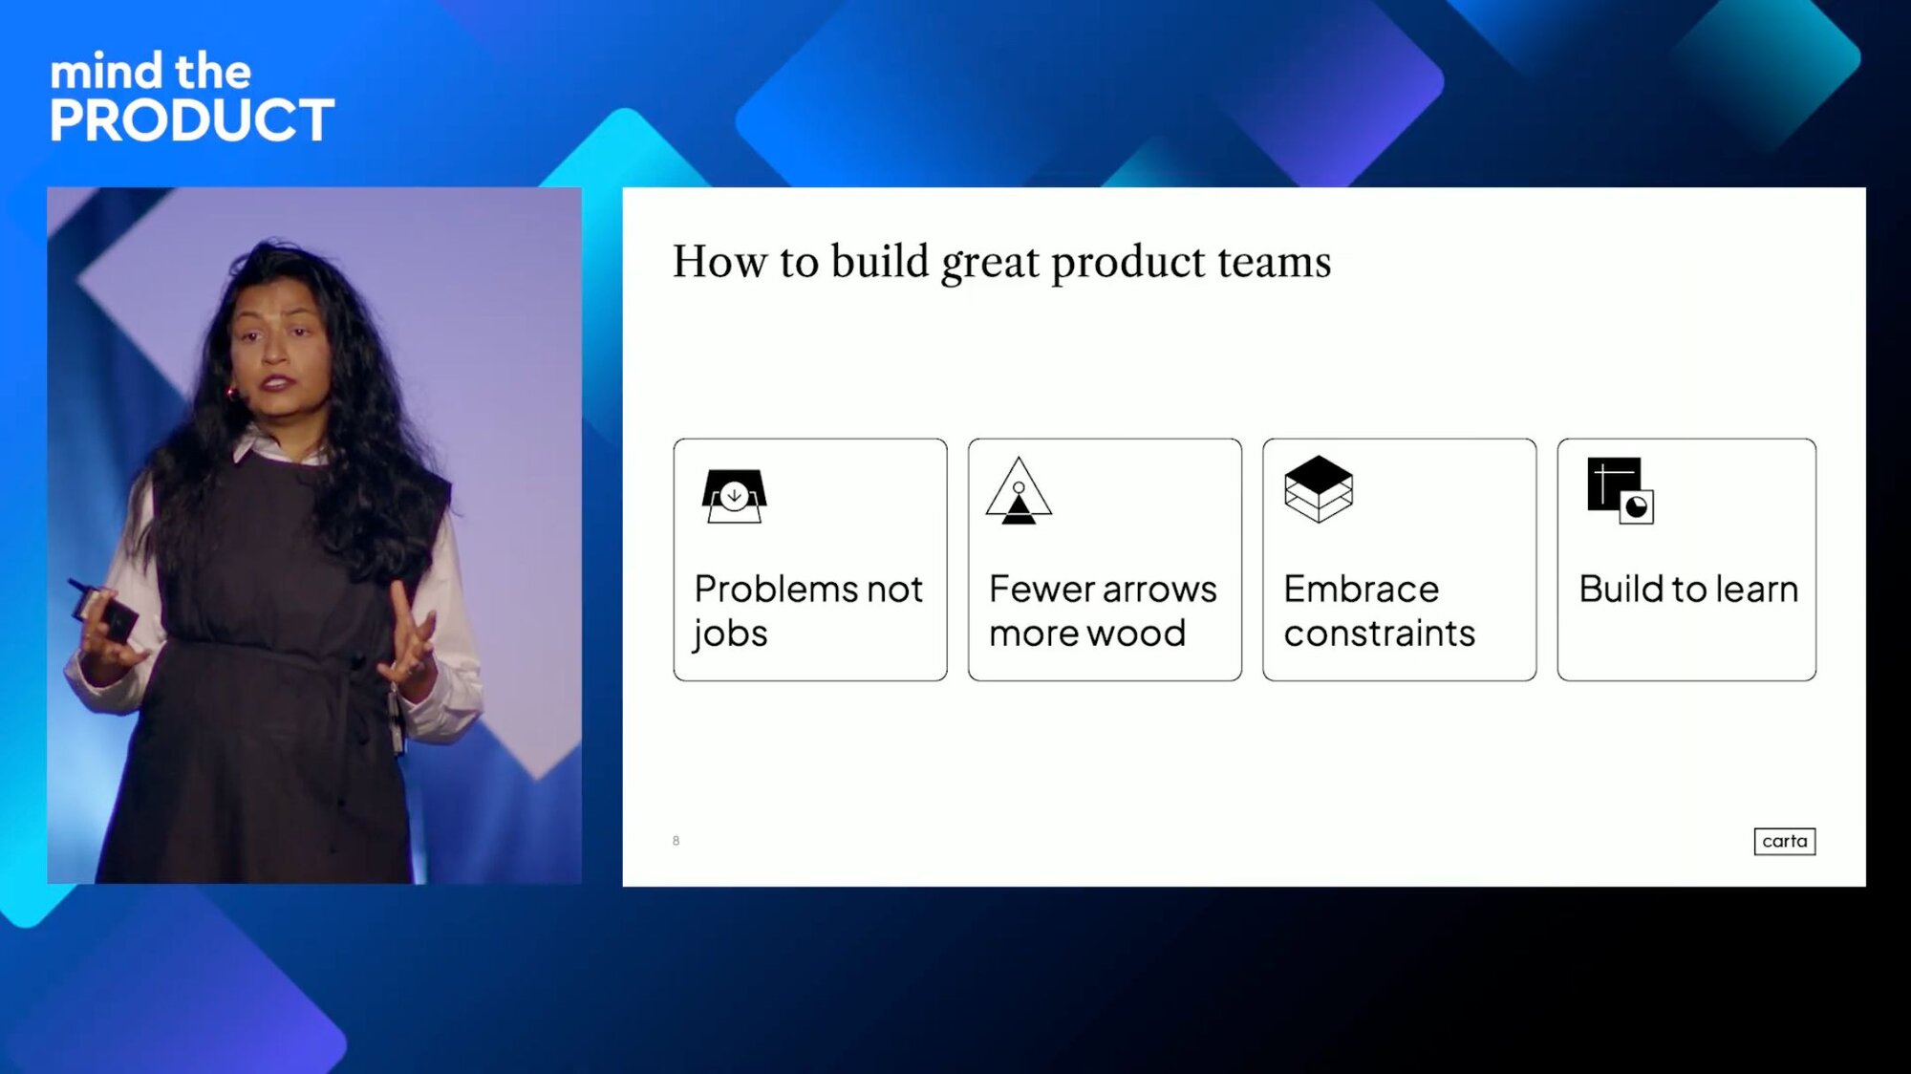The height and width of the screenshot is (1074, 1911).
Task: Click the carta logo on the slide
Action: (1784, 841)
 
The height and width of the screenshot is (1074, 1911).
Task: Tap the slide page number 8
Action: (676, 841)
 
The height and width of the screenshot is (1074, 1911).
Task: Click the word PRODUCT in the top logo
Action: (192, 120)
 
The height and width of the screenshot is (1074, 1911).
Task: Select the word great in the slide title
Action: (990, 263)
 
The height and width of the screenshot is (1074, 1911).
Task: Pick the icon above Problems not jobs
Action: (734, 496)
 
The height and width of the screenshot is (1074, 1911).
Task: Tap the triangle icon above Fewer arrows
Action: (1019, 491)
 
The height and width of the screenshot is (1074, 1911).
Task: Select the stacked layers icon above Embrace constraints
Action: (1319, 488)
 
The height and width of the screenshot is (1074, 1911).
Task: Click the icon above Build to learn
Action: (1621, 490)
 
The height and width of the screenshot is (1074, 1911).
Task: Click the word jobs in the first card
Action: (730, 634)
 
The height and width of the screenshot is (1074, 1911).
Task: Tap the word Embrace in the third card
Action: (1361, 589)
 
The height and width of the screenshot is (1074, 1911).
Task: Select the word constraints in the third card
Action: (1380, 633)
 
